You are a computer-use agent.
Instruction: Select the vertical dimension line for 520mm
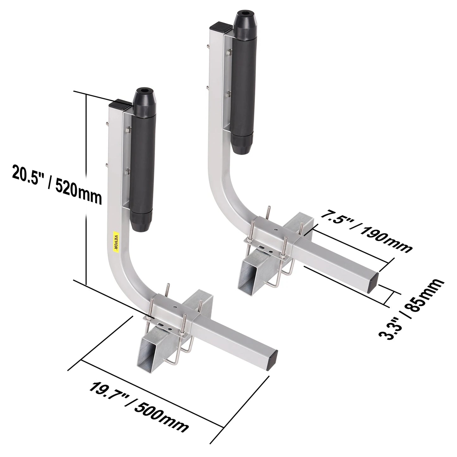pos(86,187)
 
